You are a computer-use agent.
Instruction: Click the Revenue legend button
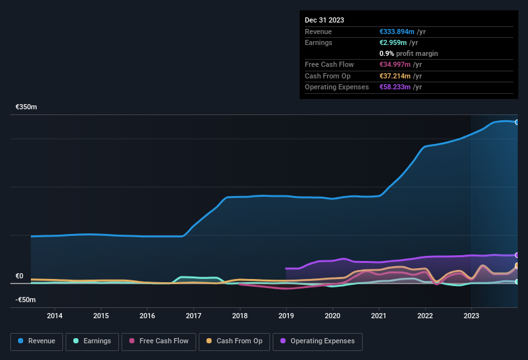(37, 341)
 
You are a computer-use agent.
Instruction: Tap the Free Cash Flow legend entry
(158, 341)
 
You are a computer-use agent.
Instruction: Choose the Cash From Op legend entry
(233, 341)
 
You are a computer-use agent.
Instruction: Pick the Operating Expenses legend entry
(318, 341)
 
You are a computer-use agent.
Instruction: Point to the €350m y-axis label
(26, 107)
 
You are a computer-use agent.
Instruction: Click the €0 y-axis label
(19, 276)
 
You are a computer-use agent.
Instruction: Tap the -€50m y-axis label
(26, 300)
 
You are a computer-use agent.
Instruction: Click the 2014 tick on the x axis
(55, 316)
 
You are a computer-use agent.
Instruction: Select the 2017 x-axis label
(194, 316)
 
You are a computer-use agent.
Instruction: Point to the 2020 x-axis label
(332, 316)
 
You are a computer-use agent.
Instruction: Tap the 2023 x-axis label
(471, 316)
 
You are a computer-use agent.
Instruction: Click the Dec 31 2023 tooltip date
(324, 20)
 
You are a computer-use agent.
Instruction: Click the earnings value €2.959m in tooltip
(392, 42)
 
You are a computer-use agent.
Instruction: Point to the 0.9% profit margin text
(408, 53)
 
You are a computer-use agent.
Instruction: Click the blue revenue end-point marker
(516, 122)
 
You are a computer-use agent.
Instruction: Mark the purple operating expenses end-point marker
(516, 255)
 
